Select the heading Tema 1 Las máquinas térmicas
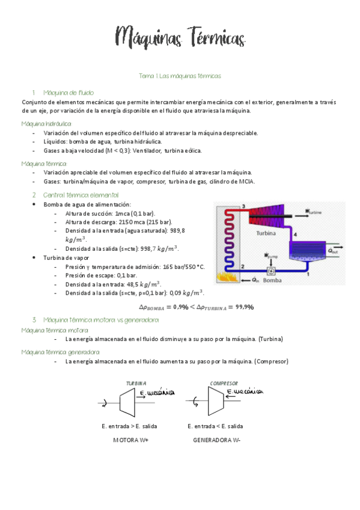coord(180,76)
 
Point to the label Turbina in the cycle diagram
coord(266,232)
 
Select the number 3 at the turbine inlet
coord(243,207)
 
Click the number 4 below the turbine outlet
coord(294,235)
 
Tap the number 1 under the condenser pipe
coord(308,275)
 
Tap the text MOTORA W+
coord(131,440)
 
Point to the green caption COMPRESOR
coord(224,383)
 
